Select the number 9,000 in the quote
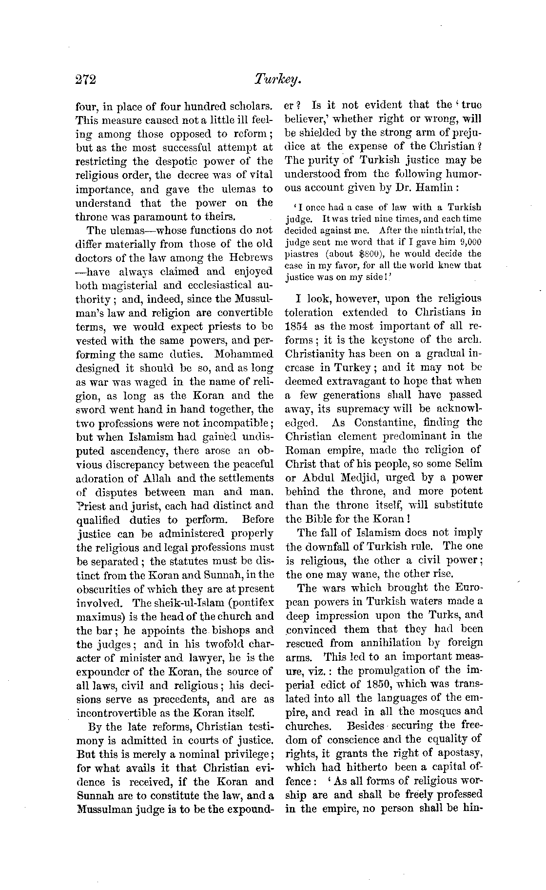[x=470, y=242]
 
